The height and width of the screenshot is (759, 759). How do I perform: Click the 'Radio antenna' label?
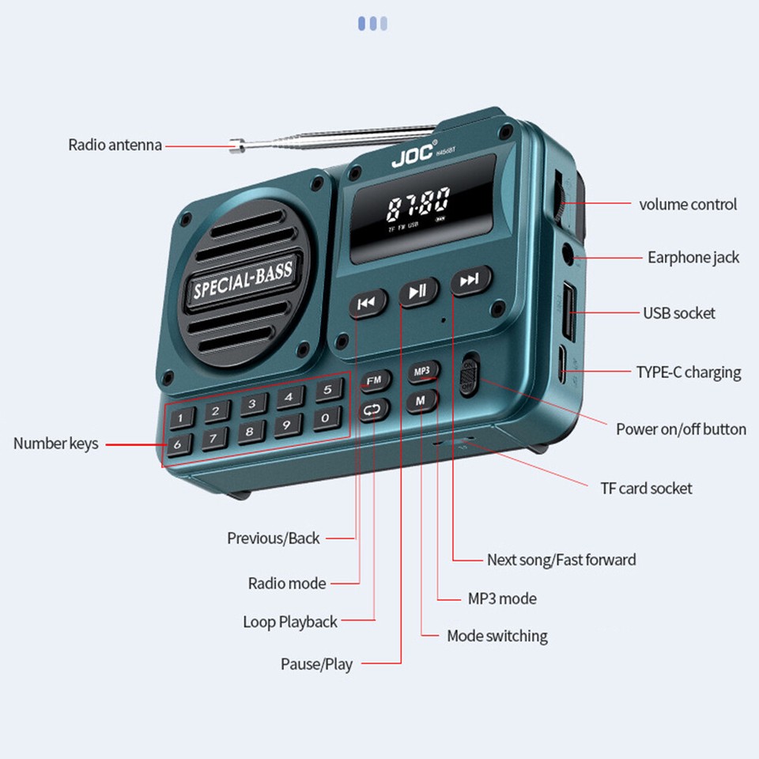(x=115, y=145)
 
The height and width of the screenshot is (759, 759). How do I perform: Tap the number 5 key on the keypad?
(x=329, y=391)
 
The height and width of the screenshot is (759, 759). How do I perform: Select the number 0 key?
(x=325, y=419)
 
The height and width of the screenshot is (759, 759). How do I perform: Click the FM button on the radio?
(x=375, y=381)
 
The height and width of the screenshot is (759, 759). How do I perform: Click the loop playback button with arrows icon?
(x=374, y=410)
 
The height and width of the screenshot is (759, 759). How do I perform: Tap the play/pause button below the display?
(x=418, y=291)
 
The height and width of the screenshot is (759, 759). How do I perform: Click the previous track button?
(x=368, y=303)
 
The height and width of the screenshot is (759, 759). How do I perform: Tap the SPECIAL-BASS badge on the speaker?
(x=242, y=279)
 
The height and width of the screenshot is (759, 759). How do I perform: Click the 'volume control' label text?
(x=688, y=204)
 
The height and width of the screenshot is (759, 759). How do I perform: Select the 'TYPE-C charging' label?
(x=689, y=372)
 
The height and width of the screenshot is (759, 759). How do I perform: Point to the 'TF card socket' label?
(x=646, y=488)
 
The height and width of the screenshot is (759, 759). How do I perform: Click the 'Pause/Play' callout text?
(x=316, y=663)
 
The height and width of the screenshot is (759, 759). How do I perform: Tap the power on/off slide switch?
(x=469, y=375)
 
